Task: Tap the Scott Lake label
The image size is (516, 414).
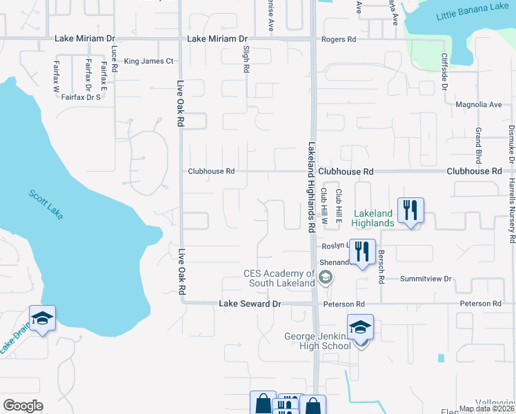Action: click(46, 205)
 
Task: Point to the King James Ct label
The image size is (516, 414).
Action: click(149, 61)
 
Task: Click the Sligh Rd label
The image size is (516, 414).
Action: click(246, 60)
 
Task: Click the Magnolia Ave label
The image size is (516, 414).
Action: click(479, 105)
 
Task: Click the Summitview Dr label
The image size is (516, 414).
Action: click(426, 279)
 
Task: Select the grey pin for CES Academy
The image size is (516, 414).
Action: click(326, 278)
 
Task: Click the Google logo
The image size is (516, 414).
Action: click(23, 405)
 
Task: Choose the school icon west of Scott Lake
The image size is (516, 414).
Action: click(43, 318)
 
